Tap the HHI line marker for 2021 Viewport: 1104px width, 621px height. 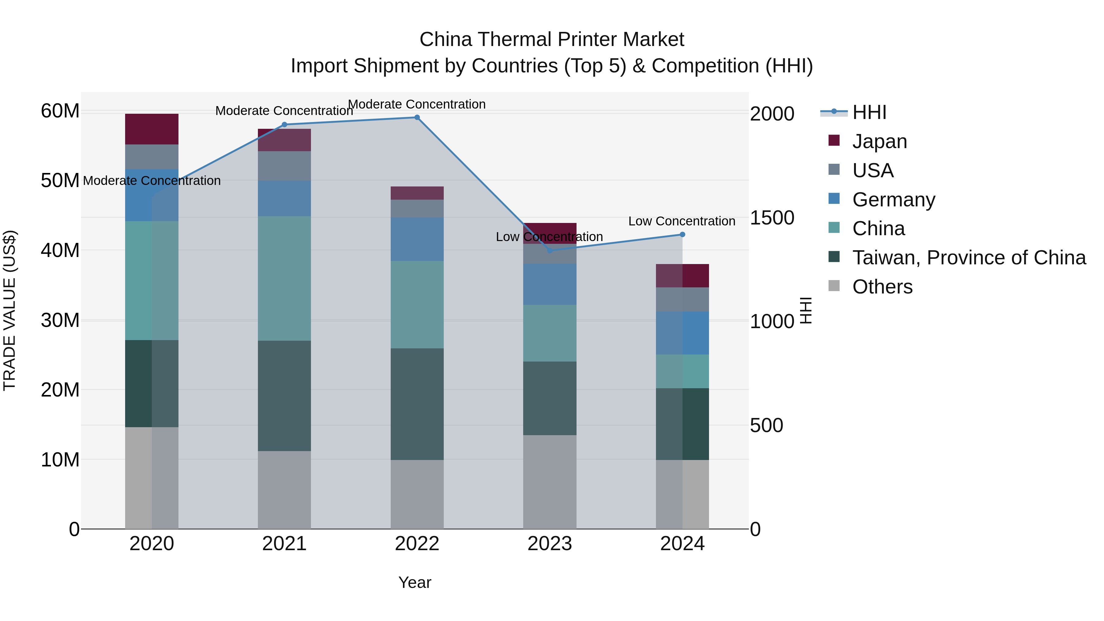tap(284, 125)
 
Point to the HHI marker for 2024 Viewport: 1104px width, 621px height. tap(682, 234)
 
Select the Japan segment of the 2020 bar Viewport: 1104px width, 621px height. tap(152, 129)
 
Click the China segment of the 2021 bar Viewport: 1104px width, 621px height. tap(284, 278)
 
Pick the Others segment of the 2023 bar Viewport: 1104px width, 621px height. tap(550, 482)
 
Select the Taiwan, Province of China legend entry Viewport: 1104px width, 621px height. tap(968, 258)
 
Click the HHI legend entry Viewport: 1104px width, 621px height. tap(869, 112)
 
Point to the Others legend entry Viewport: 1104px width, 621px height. tap(882, 287)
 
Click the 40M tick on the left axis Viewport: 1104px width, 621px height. tap(60, 250)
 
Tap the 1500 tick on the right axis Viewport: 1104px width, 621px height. tap(772, 218)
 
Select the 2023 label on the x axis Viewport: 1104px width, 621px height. tap(550, 544)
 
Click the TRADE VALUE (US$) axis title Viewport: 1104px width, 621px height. tap(10, 310)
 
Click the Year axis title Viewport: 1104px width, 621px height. tap(414, 582)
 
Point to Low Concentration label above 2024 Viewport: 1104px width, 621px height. tap(681, 221)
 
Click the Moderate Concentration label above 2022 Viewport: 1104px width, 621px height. tap(416, 104)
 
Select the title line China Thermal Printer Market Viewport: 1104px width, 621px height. tap(552, 40)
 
